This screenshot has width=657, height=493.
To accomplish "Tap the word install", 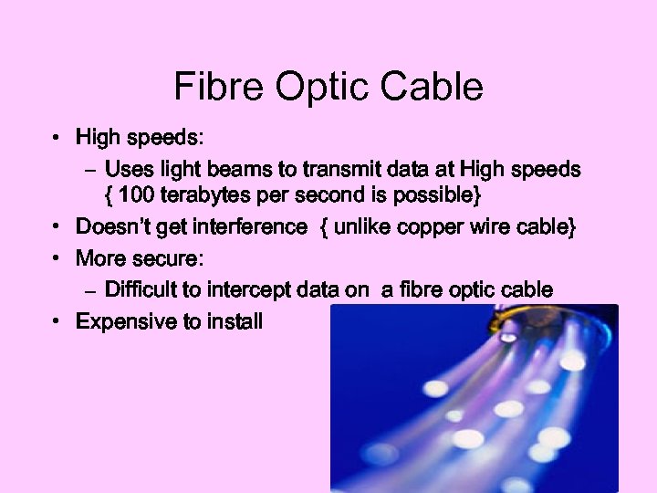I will [233, 321].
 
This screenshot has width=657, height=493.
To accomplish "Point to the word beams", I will [230, 170].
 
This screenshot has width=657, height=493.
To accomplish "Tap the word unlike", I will [363, 227].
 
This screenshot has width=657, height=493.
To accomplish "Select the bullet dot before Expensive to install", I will [57, 321].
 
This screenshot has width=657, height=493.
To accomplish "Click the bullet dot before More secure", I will [57, 258].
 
